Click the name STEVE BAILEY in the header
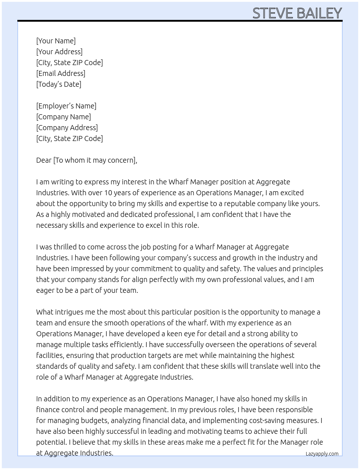click(x=297, y=13)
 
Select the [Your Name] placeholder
click(x=56, y=41)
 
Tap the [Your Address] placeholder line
click(x=59, y=52)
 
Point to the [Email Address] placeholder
click(x=61, y=73)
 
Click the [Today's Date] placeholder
click(x=59, y=84)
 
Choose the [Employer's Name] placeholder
click(x=66, y=106)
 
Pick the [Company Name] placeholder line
click(x=64, y=117)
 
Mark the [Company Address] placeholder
click(x=67, y=128)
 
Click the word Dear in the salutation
click(x=44, y=160)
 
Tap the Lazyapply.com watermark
click(x=322, y=454)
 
